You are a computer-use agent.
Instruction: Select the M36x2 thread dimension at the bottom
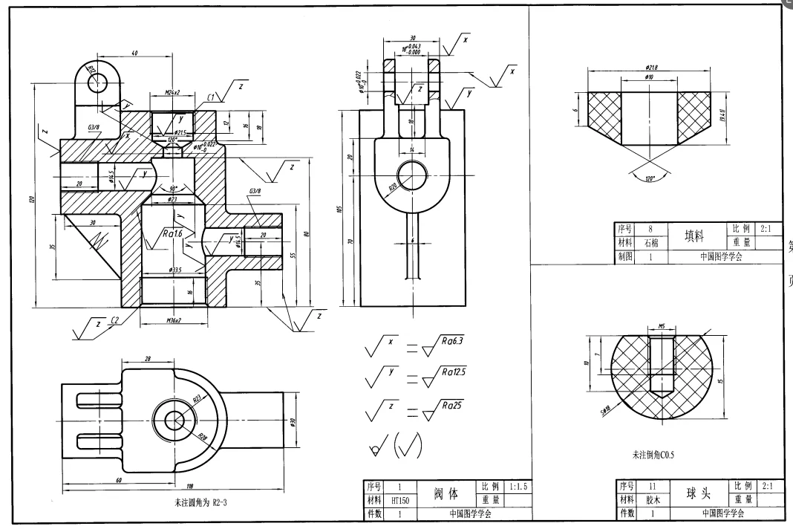point(172,321)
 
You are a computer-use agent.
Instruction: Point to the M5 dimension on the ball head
point(661,325)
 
